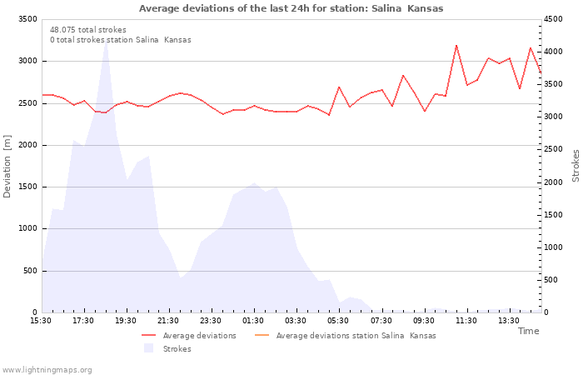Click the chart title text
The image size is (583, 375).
click(x=291, y=8)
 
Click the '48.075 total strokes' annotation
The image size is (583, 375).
click(x=88, y=29)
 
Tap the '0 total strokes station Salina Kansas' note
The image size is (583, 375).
click(x=120, y=39)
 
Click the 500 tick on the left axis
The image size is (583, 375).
click(x=29, y=271)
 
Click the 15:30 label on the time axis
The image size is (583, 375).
click(x=41, y=321)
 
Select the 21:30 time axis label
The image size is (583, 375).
click(x=168, y=321)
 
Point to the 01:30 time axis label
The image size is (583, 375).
click(x=253, y=321)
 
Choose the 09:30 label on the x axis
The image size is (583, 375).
click(x=423, y=321)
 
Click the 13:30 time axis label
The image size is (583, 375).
click(x=508, y=321)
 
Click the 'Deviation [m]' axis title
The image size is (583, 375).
click(x=8, y=166)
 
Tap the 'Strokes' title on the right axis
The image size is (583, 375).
click(x=576, y=166)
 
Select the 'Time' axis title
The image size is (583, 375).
click(x=528, y=331)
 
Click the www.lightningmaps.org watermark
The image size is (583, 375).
click(x=47, y=369)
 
